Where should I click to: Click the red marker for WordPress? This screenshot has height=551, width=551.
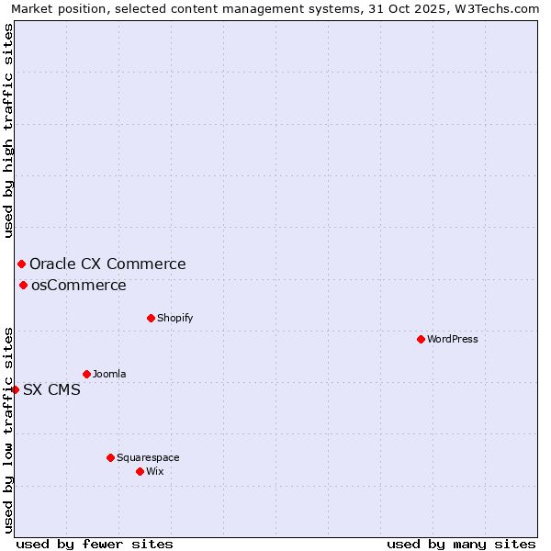421,339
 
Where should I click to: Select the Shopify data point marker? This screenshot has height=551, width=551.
151,318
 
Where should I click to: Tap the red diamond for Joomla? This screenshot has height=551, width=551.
86,374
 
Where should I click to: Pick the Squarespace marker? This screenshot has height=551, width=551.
110,457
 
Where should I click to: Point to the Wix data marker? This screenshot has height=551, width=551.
140,471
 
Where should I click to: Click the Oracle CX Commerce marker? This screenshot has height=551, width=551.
21,264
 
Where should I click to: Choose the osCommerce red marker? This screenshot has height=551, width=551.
23,285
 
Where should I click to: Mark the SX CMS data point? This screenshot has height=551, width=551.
15,389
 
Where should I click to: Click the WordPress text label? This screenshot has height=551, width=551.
453,339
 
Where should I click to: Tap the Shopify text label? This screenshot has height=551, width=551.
174,318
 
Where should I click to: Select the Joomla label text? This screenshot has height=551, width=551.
109,374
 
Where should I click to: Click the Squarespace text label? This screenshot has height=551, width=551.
148,457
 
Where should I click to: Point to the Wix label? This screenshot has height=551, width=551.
155,471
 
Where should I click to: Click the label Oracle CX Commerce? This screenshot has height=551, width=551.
107,264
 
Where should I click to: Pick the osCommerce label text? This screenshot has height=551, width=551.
79,285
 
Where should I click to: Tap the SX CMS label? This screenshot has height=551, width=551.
51,389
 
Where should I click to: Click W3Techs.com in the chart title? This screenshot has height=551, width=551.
502,9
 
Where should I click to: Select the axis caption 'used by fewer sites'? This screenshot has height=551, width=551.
95,544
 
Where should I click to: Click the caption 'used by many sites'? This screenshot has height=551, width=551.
461,544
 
